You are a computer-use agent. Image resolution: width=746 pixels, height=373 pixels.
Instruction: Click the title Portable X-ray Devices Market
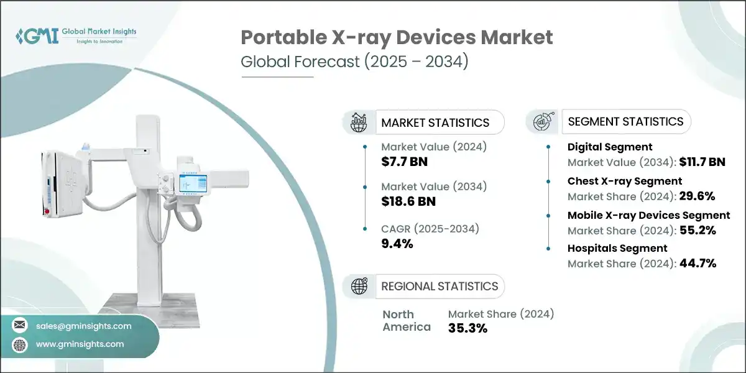[397, 37]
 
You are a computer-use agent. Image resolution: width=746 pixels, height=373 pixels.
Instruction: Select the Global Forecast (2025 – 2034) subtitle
[354, 62]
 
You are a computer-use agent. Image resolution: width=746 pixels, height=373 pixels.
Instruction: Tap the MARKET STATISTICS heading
[435, 122]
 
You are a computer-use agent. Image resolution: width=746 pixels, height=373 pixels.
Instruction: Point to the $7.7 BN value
[404, 162]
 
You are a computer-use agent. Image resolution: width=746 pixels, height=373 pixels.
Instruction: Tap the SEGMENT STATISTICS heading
[625, 122]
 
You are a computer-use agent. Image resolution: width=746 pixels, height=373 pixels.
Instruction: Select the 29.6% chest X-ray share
[697, 196]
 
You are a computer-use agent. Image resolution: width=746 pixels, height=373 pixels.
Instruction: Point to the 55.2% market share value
[697, 230]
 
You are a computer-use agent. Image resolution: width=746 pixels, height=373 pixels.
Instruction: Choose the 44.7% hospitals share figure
[697, 264]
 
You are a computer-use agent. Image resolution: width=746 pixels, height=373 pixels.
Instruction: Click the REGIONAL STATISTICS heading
[440, 286]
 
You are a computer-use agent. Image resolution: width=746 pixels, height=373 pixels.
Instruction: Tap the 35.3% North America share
[467, 328]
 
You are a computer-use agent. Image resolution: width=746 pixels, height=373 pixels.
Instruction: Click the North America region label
[407, 321]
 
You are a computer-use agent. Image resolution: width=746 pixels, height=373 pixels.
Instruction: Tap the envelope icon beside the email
[21, 325]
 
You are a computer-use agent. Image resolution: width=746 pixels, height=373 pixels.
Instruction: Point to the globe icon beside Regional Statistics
[359, 286]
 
